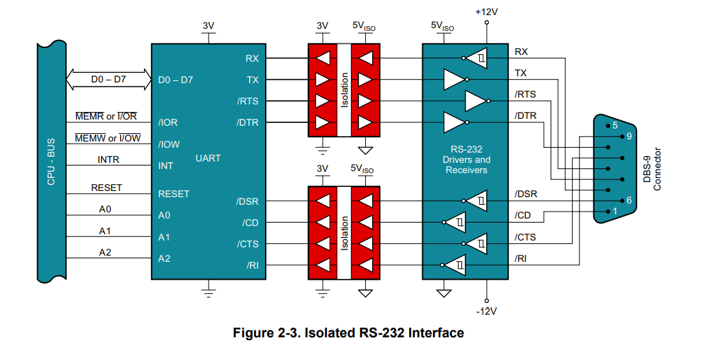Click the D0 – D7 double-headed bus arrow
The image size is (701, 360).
point(108,80)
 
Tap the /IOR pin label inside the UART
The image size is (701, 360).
point(168,123)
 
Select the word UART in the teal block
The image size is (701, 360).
point(208,158)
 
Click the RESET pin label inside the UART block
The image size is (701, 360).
point(173,194)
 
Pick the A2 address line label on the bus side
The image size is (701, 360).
point(105,252)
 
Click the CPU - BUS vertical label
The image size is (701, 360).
point(50,163)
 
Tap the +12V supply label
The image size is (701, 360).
point(487,12)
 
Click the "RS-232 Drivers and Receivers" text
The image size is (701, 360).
point(466,159)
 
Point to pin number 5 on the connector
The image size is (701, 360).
point(614,126)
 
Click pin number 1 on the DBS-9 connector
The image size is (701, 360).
point(614,212)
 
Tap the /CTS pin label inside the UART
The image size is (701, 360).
point(248,244)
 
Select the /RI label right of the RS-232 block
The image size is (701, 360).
point(522,258)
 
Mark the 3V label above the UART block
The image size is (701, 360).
point(209,26)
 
